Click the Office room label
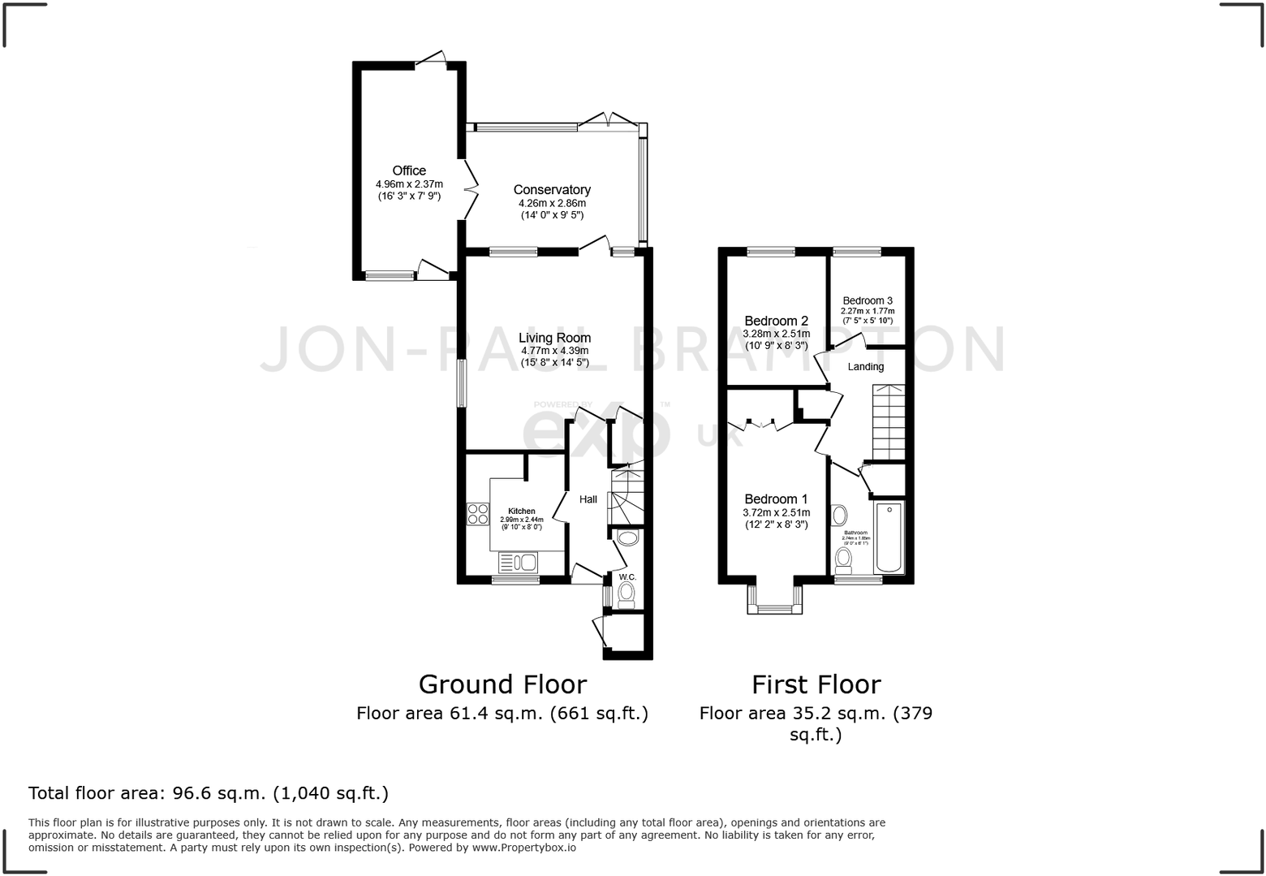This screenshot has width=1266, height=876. pos(409,170)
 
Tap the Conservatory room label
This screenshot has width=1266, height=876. pos(552,190)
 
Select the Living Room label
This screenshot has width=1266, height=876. pos(555,338)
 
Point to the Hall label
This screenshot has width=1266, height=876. pos(588,499)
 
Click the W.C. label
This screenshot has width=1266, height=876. pos(627,576)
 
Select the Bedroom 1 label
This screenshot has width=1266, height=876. pos(776,498)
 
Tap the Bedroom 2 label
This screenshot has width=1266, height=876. pos(776,321)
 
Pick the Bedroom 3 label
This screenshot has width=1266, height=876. pos(868,300)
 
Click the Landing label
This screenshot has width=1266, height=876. pos(866,367)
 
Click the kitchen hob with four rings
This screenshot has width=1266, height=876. pos(478,514)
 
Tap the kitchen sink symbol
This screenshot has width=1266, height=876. pos(518,562)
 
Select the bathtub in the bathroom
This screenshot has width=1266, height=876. pos(889,537)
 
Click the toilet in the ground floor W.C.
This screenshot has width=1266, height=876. pos(627,594)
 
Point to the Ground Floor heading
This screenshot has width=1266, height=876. pos(502,684)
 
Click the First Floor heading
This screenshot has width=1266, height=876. pos(816,684)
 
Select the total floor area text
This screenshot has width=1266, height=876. pos(209,792)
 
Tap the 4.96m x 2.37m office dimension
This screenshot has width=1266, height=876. pos(409,184)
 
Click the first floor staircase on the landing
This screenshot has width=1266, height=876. pos(889,422)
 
